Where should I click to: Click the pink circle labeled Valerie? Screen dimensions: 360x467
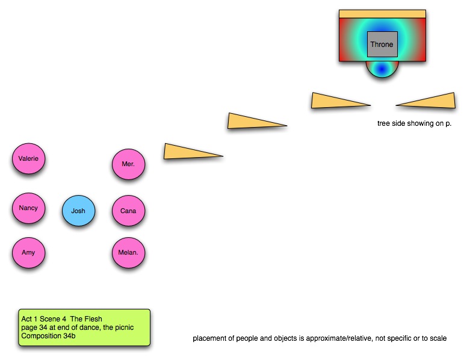coord(29,159)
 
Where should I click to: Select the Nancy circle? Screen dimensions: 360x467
coord(29,208)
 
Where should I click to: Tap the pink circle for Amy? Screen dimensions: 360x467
coord(29,253)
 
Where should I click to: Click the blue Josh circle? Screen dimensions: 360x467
coord(78,211)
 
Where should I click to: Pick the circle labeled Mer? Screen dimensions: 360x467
coord(128,164)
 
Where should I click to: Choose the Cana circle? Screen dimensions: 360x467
coord(128,211)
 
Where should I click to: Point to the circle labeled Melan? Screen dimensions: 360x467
coord(128,253)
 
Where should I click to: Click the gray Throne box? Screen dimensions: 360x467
coord(382,45)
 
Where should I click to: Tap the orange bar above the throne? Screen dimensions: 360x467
coord(382,14)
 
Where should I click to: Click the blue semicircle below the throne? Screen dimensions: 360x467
coord(382,69)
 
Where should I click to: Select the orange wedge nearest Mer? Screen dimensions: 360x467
coord(187,152)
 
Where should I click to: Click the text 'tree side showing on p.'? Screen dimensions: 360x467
coord(414,123)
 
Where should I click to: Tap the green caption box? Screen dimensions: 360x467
coord(84,327)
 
